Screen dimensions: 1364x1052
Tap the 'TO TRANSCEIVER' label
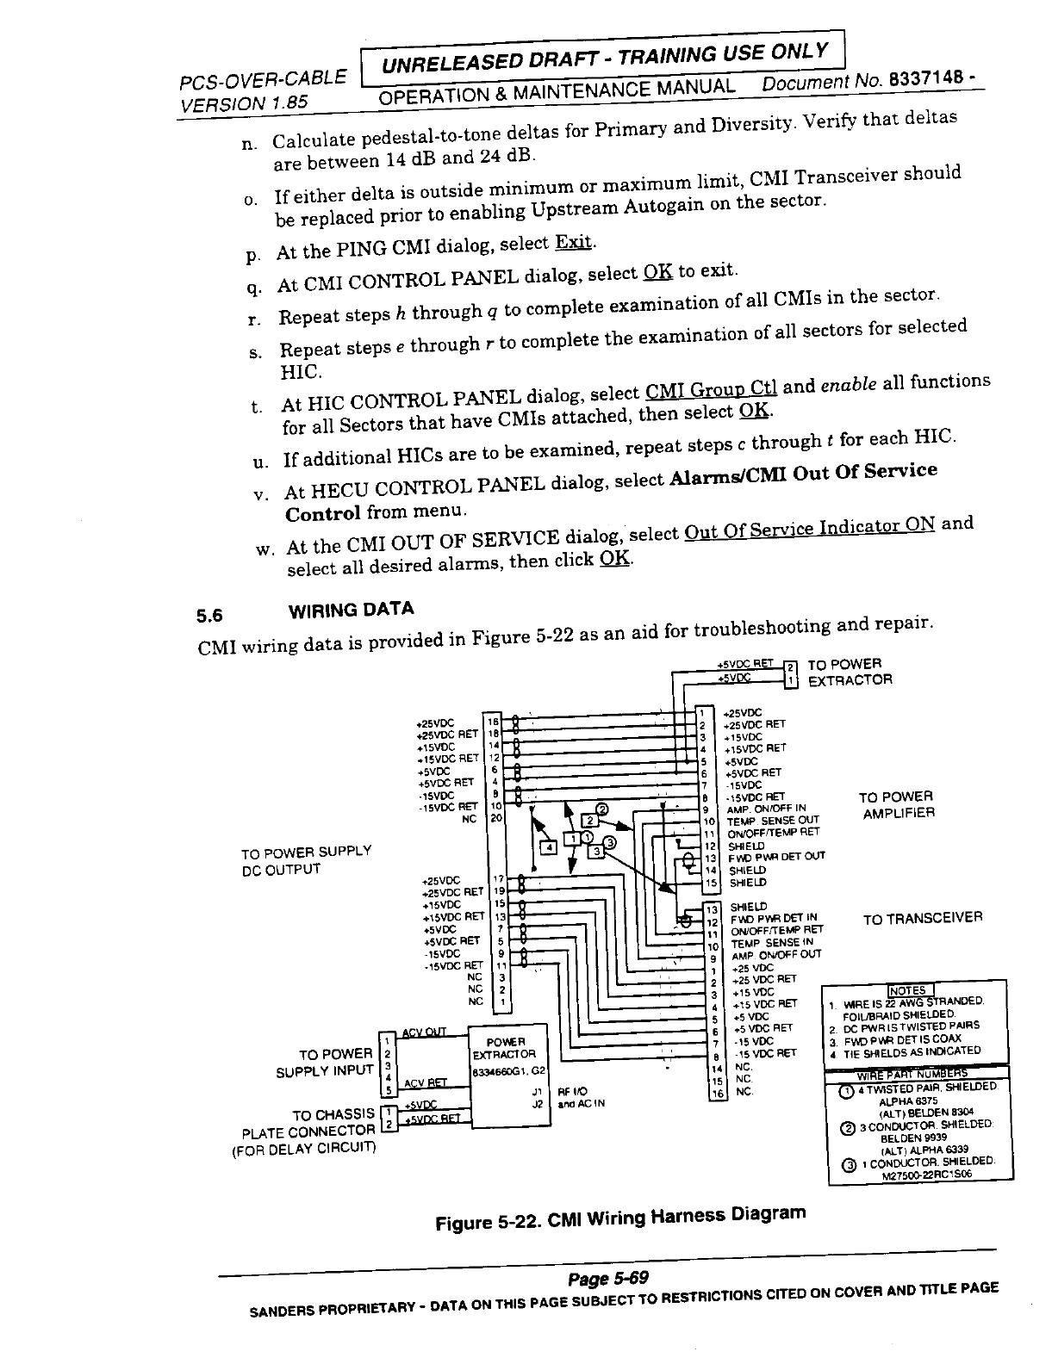[923, 918]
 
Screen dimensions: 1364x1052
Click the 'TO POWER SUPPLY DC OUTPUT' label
[306, 860]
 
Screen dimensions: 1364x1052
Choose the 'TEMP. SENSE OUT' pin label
[773, 821]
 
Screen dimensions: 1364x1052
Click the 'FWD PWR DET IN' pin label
[774, 918]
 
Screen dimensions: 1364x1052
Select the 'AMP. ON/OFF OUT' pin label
[775, 954]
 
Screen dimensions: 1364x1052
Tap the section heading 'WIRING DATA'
[351, 611]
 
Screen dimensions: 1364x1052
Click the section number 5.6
[209, 616]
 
